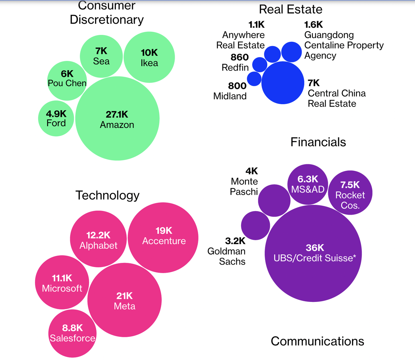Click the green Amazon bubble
(117, 119)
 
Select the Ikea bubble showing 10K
(149, 57)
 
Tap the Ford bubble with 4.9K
(56, 118)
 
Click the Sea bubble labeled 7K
(101, 56)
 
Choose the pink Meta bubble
(124, 300)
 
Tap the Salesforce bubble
(72, 334)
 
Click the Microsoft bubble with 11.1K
(62, 283)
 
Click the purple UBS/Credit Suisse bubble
(313, 253)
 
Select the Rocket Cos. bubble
(350, 193)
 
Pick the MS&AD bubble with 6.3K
(308, 184)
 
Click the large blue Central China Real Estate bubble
(283, 83)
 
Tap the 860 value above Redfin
(240, 57)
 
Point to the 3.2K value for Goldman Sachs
(235, 241)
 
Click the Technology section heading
(108, 195)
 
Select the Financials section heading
(318, 142)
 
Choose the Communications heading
(317, 341)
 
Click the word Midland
(230, 96)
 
